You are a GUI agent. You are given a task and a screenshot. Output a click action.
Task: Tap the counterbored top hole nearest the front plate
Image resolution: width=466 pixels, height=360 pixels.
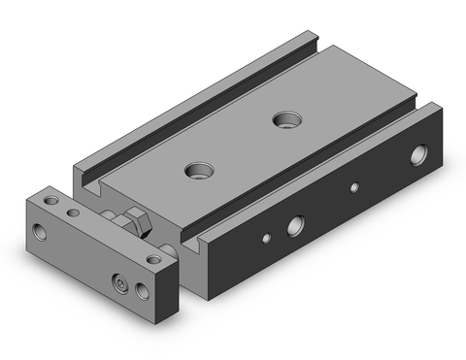(200, 171)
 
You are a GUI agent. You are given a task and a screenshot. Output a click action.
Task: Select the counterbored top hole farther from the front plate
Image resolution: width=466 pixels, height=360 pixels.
(285, 120)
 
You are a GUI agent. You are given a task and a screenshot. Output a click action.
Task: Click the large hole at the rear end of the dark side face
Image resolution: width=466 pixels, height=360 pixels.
(419, 152)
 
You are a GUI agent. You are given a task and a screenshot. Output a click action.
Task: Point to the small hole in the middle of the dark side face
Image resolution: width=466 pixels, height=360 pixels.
(354, 187)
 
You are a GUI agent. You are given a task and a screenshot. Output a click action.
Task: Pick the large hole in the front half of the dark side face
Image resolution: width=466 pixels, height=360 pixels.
(293, 229)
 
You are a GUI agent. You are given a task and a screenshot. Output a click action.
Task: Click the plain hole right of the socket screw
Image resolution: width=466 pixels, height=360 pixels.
(145, 291)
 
